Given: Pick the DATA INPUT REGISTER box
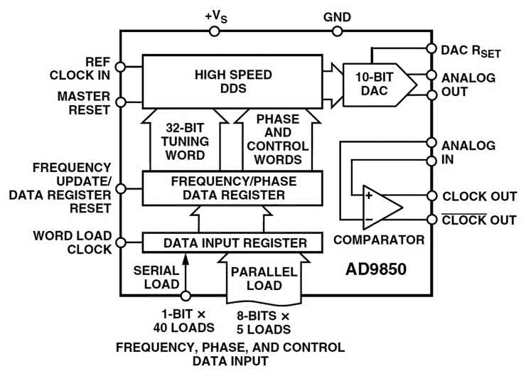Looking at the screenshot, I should click(232, 242).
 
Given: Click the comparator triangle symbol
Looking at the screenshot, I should click(380, 206).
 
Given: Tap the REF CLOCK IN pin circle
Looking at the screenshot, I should click(121, 66).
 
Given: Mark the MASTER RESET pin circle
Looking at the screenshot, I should click(121, 100).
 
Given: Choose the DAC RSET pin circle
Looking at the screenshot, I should click(431, 49).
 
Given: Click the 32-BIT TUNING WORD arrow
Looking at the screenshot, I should click(186, 139).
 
